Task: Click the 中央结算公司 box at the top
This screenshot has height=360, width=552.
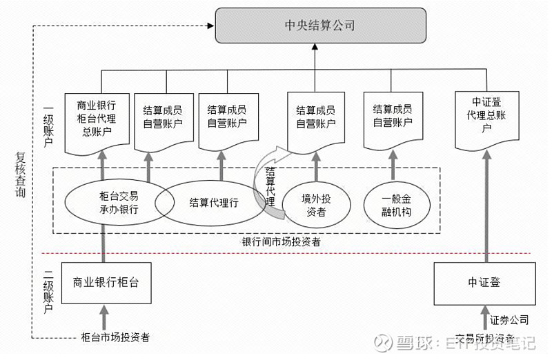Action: [319, 26]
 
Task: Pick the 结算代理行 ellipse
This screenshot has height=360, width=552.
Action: [214, 203]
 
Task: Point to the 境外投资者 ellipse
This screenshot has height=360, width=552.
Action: [316, 205]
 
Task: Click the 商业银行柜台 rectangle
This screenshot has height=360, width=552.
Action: [105, 283]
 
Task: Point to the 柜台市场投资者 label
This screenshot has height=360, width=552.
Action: [115, 337]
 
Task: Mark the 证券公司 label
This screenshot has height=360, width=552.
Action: [510, 320]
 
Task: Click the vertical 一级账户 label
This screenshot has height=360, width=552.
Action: [48, 127]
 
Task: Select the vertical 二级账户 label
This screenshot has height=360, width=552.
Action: [48, 289]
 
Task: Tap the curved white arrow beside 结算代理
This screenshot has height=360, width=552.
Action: [265, 176]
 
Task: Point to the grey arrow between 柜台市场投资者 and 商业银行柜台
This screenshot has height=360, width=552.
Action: [105, 319]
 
